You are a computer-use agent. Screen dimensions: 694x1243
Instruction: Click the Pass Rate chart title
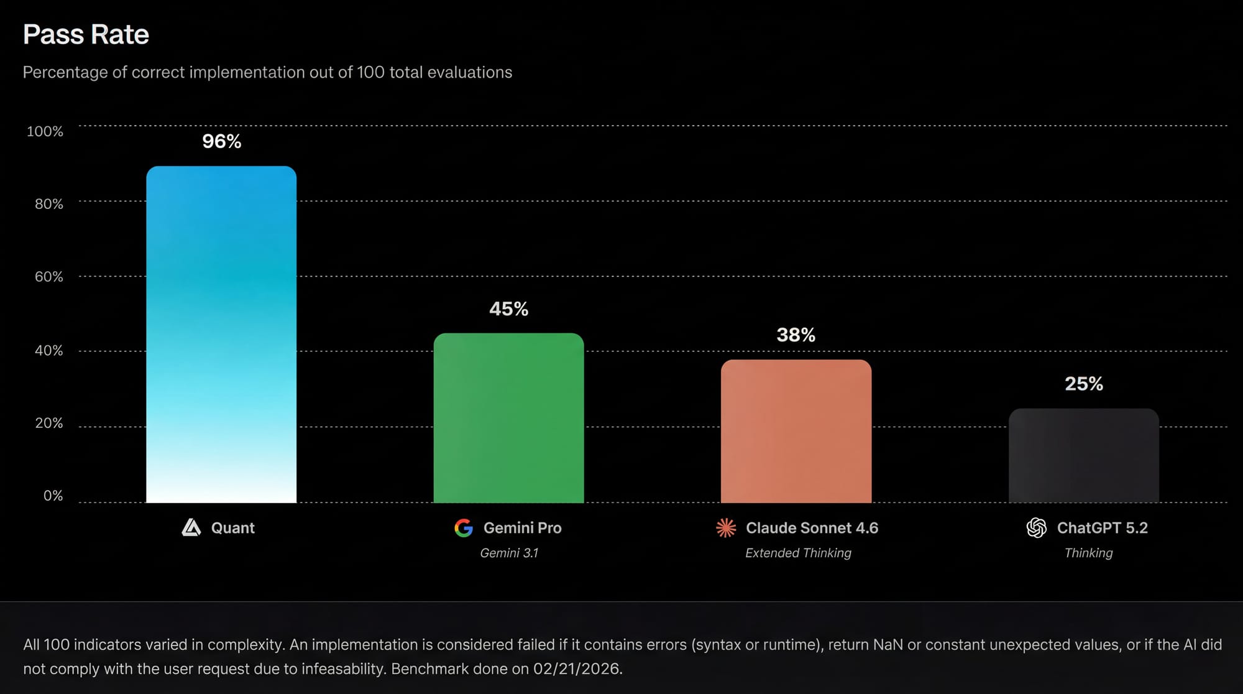(x=86, y=35)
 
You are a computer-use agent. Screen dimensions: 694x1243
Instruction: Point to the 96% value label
(x=221, y=142)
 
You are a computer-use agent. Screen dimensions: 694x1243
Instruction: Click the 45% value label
(x=508, y=309)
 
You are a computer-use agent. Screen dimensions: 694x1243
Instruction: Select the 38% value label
(x=796, y=335)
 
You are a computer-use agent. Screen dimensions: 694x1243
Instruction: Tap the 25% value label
(x=1083, y=384)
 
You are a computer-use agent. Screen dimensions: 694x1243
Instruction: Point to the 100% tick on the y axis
(x=45, y=131)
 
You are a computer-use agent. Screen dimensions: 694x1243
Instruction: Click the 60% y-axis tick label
(x=48, y=277)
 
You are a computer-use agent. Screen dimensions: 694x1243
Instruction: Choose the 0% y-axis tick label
(x=53, y=496)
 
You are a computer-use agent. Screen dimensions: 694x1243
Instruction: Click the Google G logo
(x=464, y=528)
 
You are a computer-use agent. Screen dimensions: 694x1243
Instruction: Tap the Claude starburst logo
(x=726, y=528)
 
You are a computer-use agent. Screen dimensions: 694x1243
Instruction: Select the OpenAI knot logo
(x=1036, y=528)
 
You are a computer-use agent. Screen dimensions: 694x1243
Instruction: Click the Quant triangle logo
(x=191, y=528)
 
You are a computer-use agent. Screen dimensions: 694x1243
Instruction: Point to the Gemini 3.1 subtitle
(x=509, y=553)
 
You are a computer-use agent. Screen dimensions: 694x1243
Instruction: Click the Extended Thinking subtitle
(x=798, y=553)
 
